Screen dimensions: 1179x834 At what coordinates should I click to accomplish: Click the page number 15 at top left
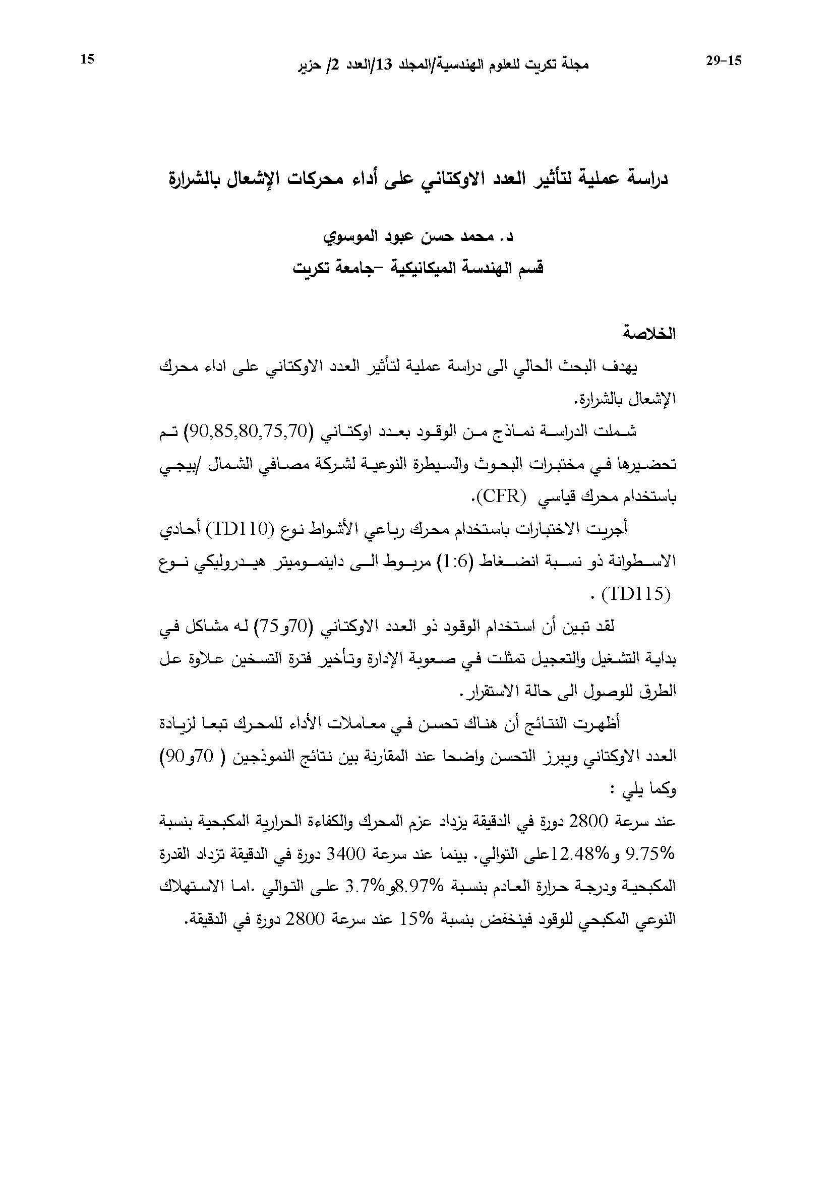coord(87,59)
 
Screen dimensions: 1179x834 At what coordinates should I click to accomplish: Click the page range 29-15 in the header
coord(724,61)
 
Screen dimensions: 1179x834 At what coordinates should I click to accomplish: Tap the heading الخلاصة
coord(649,333)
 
